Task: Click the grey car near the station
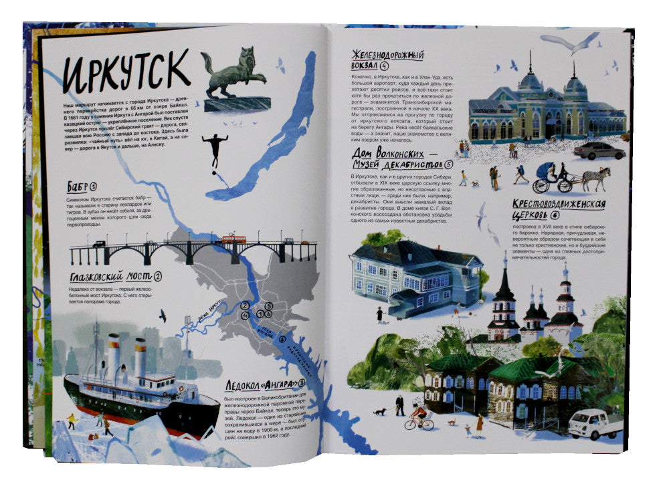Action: (x=599, y=150)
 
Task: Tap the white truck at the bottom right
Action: (x=594, y=423)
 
